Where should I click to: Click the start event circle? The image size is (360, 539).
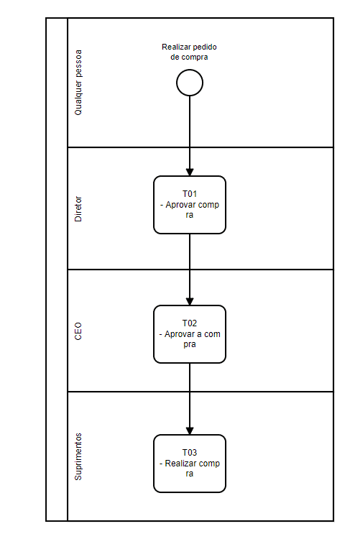click(190, 83)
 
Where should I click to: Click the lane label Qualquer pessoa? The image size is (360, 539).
click(78, 83)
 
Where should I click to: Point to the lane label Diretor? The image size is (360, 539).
click(78, 208)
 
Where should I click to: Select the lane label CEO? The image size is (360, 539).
click(78, 331)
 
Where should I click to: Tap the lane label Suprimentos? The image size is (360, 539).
click(78, 457)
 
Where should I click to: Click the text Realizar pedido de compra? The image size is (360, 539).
click(189, 52)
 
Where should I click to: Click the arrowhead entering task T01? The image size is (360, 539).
click(190, 172)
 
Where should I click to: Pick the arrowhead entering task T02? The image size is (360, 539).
click(190, 301)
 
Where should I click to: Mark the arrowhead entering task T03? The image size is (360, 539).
click(190, 430)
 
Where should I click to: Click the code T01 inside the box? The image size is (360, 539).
click(190, 194)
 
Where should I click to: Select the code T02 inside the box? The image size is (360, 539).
click(190, 323)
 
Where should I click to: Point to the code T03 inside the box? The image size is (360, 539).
click(190, 453)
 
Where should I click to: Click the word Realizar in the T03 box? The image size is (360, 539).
click(180, 464)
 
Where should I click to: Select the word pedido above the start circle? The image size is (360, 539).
click(205, 47)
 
